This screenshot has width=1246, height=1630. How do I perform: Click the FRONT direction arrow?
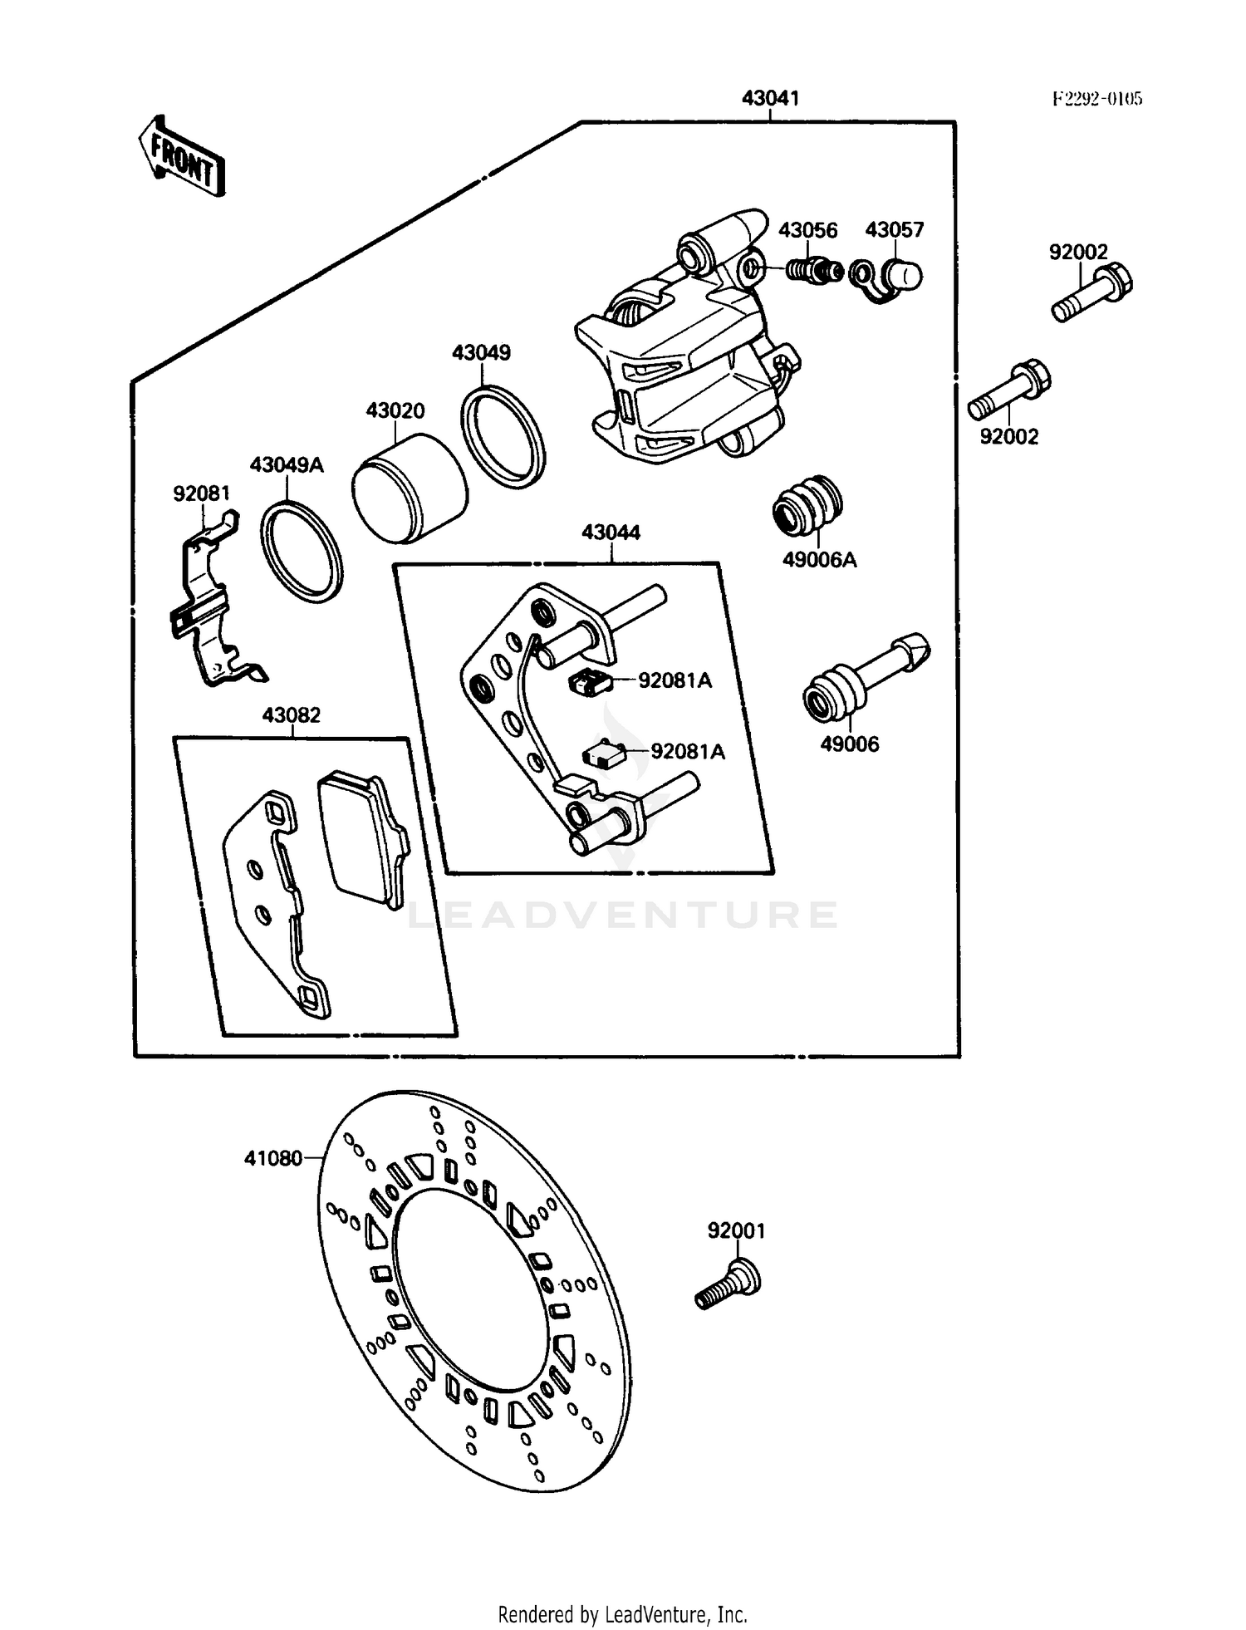coord(182,156)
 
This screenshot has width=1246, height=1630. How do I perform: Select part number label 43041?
coord(770,98)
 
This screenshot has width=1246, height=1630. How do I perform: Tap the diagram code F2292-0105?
coord(1097,99)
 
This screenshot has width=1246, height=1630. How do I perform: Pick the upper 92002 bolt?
coord(1091,292)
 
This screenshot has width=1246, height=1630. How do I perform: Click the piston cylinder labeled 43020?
coord(409,489)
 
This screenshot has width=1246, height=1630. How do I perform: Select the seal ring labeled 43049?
coord(503,435)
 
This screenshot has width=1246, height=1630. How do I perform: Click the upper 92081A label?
coord(675,680)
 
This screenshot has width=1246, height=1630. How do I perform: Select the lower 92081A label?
coord(688,752)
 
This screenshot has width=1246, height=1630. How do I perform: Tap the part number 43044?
coord(611,533)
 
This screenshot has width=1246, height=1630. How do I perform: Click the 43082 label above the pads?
coord(291,715)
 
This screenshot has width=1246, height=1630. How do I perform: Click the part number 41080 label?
coord(272,1158)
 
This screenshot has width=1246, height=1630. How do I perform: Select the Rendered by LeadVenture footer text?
coord(622,1614)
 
